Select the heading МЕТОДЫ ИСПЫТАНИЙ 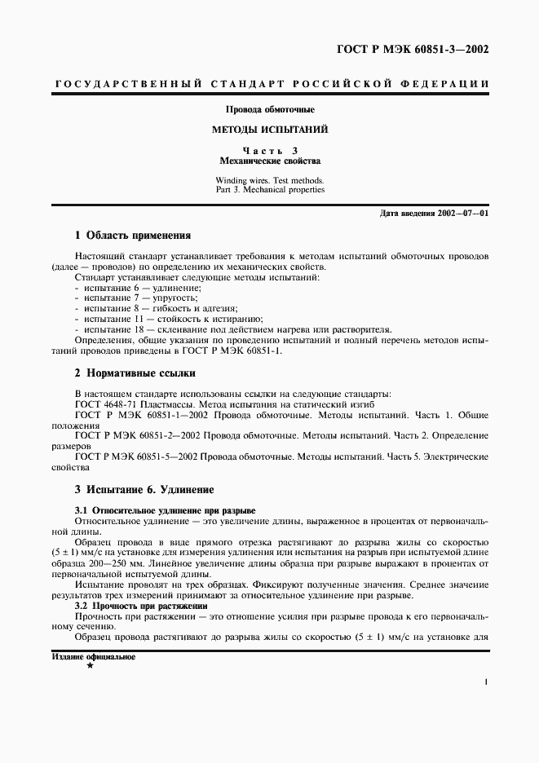pos(270,130)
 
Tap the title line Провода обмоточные pos(270,109)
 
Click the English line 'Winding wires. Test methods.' pos(270,180)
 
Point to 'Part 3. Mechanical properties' pos(270,189)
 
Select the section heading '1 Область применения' pos(132,236)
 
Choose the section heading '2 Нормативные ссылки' pos(135,373)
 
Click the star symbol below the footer pos(90,667)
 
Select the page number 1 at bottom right pos(485,683)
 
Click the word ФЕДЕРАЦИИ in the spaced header pos(447,84)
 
